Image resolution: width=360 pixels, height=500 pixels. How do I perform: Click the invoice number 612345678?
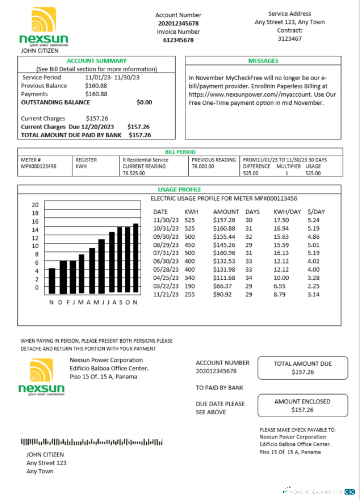178,40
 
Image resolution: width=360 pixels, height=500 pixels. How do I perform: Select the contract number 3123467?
290,38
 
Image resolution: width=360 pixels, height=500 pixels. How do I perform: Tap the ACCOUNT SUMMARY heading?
96,61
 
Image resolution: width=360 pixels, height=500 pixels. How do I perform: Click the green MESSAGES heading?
263,61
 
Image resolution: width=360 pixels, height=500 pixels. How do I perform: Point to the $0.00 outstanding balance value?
144,102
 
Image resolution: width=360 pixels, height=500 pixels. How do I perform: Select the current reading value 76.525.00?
134,173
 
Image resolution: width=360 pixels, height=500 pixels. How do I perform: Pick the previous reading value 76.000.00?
203,166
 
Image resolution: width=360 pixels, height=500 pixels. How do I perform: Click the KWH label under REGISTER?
81,166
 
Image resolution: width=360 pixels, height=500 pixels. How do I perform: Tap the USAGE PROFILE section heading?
179,190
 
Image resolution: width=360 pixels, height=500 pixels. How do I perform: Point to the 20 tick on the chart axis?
35,205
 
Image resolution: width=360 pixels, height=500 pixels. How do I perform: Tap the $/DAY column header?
316,212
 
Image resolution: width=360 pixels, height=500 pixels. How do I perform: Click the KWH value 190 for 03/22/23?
189,286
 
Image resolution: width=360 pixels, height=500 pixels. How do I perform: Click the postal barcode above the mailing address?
92,442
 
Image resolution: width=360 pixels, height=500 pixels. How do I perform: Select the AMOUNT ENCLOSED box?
302,406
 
